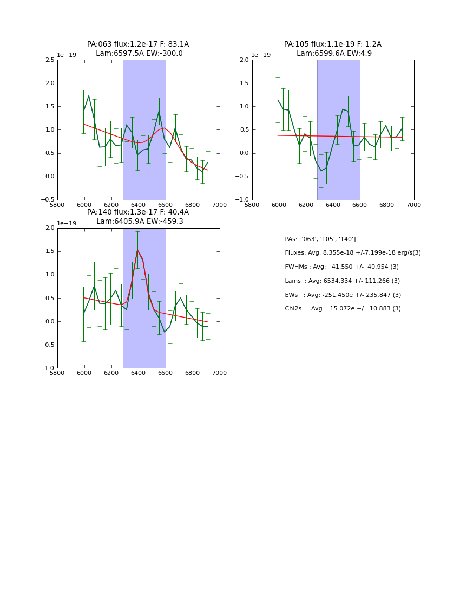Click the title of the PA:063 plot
point(138,49)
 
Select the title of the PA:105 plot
point(333,49)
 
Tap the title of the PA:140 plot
point(138,217)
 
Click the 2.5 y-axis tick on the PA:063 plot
point(49,60)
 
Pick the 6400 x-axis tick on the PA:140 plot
point(139,373)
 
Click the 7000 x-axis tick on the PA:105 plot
point(414,205)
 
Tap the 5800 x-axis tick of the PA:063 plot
point(57,205)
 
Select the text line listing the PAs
point(320,239)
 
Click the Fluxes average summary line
point(353,253)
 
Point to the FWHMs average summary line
point(342,267)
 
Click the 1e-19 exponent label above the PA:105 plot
point(261,55)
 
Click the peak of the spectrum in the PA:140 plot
point(137,250)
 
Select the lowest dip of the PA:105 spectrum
point(321,171)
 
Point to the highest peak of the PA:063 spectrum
point(89,96)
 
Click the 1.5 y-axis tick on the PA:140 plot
point(49,251)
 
